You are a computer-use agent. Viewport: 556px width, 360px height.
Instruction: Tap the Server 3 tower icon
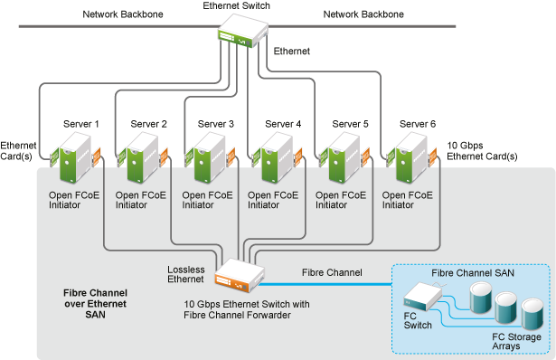(215, 160)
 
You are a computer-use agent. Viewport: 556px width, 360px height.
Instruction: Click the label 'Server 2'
(149, 124)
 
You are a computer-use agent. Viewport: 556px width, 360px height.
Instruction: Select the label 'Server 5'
(350, 124)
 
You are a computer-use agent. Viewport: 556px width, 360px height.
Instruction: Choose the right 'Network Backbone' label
(363, 14)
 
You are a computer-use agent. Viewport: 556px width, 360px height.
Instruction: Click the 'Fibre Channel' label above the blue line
(331, 272)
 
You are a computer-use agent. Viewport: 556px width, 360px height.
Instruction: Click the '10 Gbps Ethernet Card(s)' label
(483, 150)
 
